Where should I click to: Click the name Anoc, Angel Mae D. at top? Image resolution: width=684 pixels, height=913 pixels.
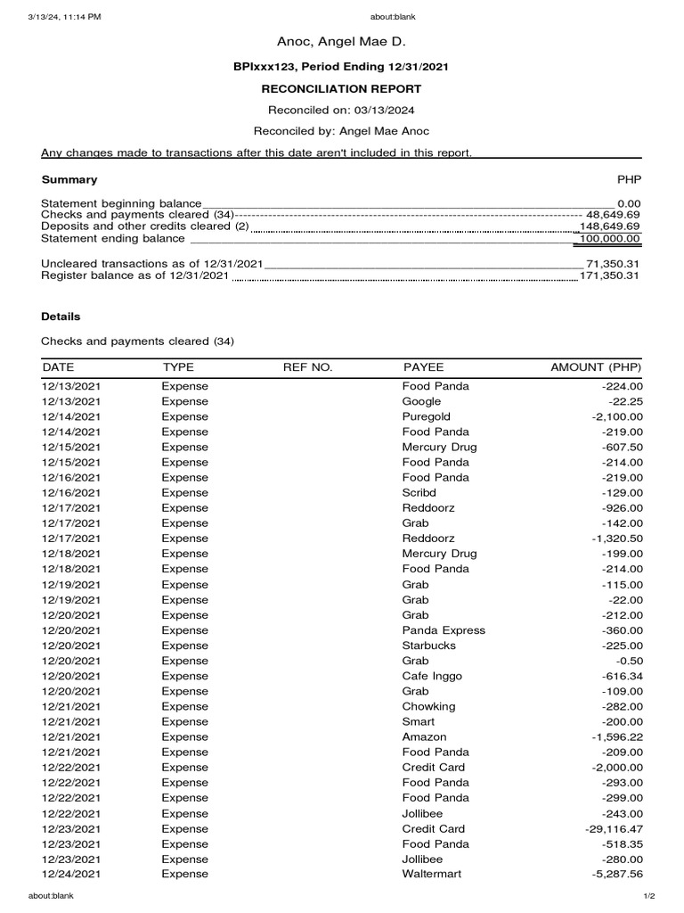341,42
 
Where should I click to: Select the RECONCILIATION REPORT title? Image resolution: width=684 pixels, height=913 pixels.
341,89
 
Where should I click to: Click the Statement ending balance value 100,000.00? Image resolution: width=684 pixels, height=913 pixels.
610,239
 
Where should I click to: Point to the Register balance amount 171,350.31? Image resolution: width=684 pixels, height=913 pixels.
613,276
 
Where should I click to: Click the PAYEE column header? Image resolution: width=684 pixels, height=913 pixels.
423,367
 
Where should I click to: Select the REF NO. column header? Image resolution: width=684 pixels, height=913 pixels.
307,367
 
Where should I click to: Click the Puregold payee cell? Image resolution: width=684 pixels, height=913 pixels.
427,416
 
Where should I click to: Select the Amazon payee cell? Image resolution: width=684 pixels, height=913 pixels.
425,736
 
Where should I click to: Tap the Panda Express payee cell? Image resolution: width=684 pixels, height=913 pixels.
444,630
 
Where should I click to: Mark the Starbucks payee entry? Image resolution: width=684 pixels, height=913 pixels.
429,646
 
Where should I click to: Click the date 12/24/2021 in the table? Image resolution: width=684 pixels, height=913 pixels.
71,874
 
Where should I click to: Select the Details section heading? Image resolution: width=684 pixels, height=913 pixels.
61,317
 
